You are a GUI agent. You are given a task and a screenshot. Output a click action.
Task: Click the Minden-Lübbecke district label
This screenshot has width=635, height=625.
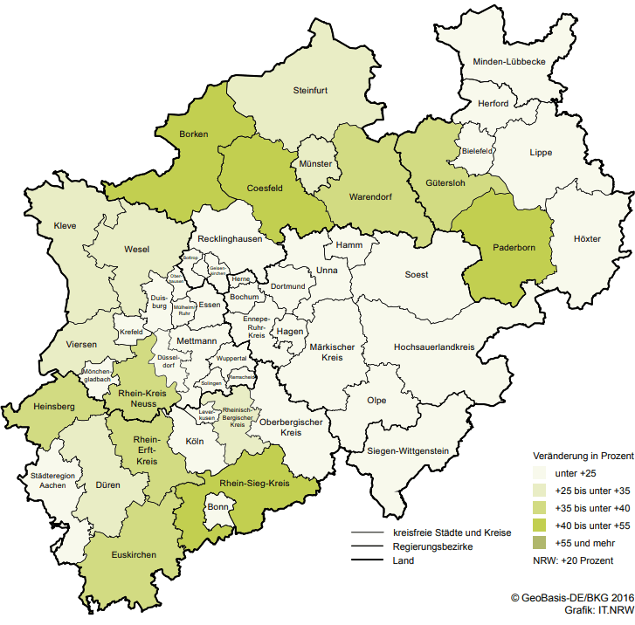coord(509,62)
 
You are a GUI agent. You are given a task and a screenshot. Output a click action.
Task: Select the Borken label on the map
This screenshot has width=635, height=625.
coord(193,135)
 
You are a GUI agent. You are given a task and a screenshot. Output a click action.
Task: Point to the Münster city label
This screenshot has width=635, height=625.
coord(314,164)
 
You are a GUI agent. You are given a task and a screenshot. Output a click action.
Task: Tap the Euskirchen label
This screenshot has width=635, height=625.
coord(135,555)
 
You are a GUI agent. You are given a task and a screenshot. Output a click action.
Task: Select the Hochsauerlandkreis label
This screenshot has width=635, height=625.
coord(434,347)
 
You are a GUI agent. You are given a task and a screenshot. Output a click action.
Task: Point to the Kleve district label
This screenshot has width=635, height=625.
coord(66,225)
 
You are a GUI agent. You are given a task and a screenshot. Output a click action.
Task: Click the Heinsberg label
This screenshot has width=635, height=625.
coord(53,407)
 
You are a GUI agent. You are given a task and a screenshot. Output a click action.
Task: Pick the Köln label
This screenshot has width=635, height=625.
coord(195,442)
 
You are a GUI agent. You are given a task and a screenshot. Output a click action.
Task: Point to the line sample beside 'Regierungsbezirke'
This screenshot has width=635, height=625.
coord(368,546)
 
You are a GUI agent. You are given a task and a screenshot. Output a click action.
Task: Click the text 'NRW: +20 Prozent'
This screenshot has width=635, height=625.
coord(574,560)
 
